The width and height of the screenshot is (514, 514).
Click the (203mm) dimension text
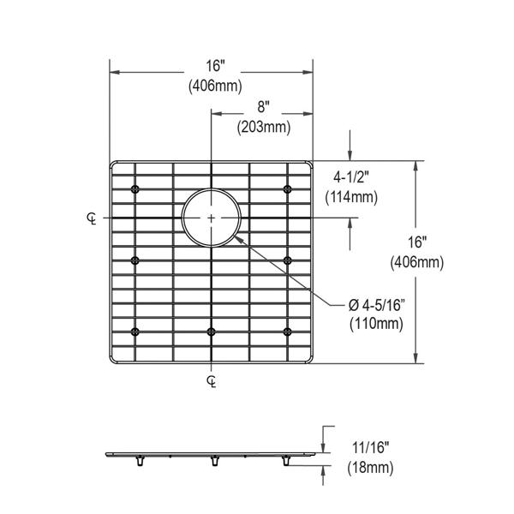click(264, 128)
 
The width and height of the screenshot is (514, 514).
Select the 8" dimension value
click(263, 107)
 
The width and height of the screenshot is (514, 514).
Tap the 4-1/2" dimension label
click(351, 177)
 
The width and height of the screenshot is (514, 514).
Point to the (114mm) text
click(351, 198)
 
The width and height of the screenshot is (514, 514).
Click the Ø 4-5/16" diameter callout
click(377, 306)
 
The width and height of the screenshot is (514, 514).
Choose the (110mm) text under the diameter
click(376, 324)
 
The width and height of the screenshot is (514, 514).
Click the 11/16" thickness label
click(371, 447)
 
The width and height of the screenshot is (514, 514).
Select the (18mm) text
click(370, 467)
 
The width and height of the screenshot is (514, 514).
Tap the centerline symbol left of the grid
click(92, 218)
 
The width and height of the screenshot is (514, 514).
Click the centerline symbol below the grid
click(212, 381)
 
